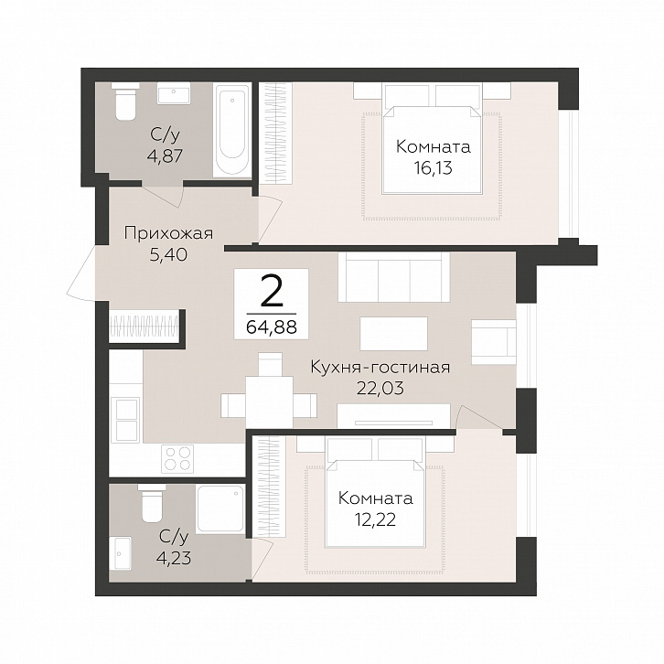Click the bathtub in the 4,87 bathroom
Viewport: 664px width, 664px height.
(232, 131)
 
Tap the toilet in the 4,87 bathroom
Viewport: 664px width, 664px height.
(125, 102)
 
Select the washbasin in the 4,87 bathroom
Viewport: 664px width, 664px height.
(173, 93)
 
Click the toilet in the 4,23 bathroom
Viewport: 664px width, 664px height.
(152, 503)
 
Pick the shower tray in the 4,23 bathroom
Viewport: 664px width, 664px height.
(220, 509)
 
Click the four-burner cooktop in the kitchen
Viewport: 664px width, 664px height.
(177, 458)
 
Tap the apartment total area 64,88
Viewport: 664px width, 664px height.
(272, 327)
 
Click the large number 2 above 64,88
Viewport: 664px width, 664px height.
(272, 292)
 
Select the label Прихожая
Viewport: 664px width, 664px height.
(168, 233)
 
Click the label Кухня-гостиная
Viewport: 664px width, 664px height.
(380, 367)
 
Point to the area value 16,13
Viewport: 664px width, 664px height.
(434, 167)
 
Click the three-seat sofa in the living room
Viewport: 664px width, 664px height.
(394, 277)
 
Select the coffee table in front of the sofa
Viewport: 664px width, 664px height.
(394, 333)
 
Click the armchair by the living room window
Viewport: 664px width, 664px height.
(494, 342)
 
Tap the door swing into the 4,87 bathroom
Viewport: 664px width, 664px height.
(163, 195)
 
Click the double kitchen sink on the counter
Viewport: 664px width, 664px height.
(125, 420)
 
